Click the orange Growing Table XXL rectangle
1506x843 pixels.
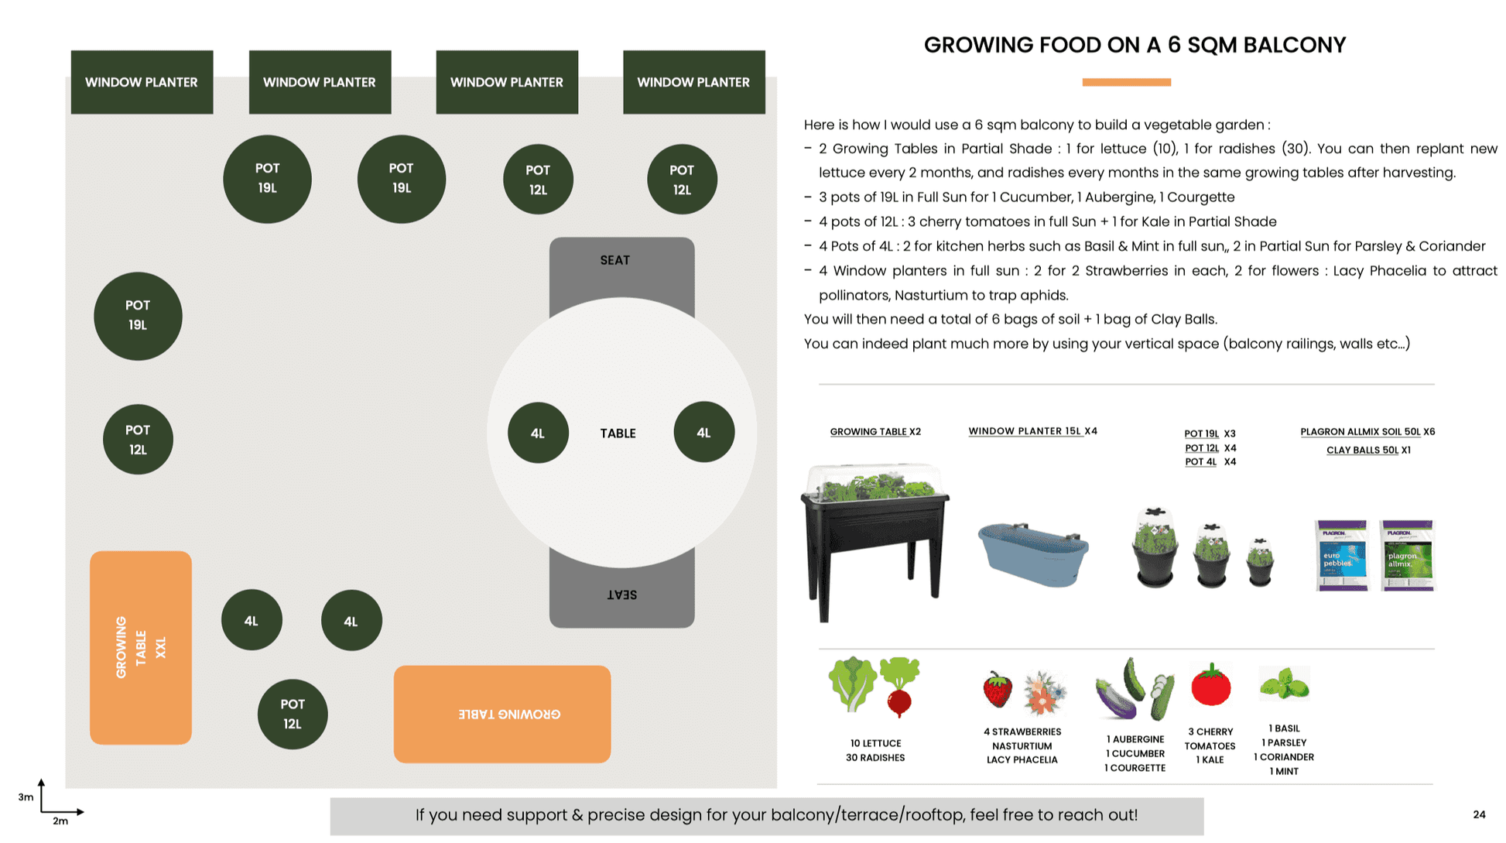tap(140, 647)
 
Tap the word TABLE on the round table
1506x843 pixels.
tap(618, 433)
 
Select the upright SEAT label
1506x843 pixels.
tap(614, 260)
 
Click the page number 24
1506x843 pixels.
tap(1478, 814)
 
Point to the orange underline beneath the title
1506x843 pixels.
tap(1126, 82)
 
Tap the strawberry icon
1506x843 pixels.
tap(997, 689)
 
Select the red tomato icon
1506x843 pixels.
tap(1210, 684)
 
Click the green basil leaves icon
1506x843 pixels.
tap(1284, 684)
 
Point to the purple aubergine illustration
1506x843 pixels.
tap(1115, 696)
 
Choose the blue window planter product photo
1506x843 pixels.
tap(1033, 553)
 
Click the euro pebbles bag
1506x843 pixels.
tap(1341, 555)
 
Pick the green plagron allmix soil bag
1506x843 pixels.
tap(1407, 555)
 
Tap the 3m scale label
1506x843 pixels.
tap(26, 797)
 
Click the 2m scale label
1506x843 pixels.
tap(60, 821)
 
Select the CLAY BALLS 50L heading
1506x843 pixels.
tap(1362, 450)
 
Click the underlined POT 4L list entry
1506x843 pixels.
tap(1200, 462)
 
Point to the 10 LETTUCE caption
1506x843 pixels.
tap(875, 743)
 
